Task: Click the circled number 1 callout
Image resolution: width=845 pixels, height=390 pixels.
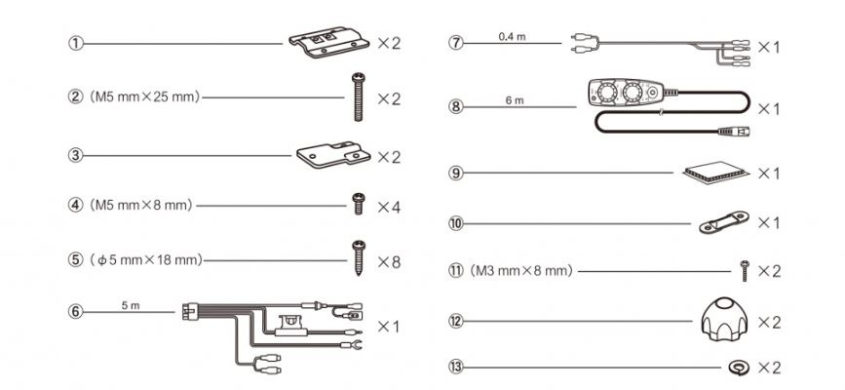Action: point(75,44)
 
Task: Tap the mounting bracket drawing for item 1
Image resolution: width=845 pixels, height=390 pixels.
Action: point(328,42)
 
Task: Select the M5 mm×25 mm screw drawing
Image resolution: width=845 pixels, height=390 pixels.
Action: point(358,97)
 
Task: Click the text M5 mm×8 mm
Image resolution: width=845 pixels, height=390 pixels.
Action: point(141,205)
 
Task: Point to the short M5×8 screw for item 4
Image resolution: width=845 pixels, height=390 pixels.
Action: point(358,204)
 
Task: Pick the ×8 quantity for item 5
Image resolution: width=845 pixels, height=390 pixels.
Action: point(389,262)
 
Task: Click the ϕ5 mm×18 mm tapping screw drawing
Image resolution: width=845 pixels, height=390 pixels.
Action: point(358,258)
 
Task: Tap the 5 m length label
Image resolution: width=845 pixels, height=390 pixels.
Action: point(131,305)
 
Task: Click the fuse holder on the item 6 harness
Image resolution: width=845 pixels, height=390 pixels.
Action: point(291,327)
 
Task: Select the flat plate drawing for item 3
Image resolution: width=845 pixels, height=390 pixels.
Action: point(333,155)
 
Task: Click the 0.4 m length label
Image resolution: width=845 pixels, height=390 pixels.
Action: point(512,37)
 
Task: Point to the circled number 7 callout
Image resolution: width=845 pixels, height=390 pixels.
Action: point(456,44)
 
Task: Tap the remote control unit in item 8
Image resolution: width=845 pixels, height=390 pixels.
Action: point(626,93)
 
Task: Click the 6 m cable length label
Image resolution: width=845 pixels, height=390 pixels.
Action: point(515,100)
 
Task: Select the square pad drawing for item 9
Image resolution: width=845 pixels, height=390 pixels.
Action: point(715,174)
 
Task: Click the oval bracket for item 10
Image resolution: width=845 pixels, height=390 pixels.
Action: point(723,222)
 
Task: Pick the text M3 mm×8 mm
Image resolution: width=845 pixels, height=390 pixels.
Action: point(521,271)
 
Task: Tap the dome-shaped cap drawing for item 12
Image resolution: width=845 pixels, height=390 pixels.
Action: point(725,322)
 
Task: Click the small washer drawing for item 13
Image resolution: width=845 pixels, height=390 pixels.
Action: point(737,369)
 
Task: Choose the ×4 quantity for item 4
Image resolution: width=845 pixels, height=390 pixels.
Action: point(389,207)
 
